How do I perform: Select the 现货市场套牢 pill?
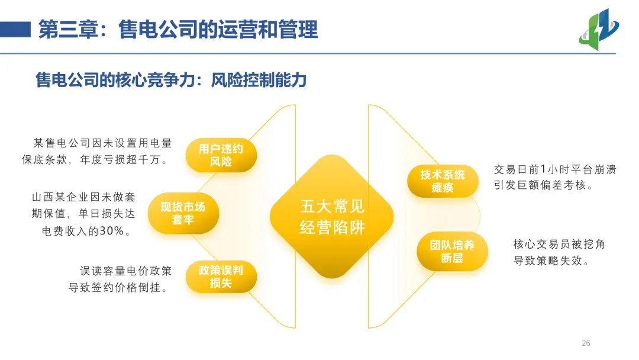click(183, 213)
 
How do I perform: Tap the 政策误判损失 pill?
click(221, 277)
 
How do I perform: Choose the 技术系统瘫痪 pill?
click(443, 181)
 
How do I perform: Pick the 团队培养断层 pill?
click(452, 251)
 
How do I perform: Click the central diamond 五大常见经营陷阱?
click(332, 217)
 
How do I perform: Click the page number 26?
click(586, 343)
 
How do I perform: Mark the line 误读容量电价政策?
click(125, 271)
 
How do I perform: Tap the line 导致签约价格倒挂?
click(118, 288)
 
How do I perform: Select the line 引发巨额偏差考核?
click(543, 185)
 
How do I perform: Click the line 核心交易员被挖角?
click(559, 244)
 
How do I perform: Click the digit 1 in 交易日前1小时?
click(543, 169)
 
